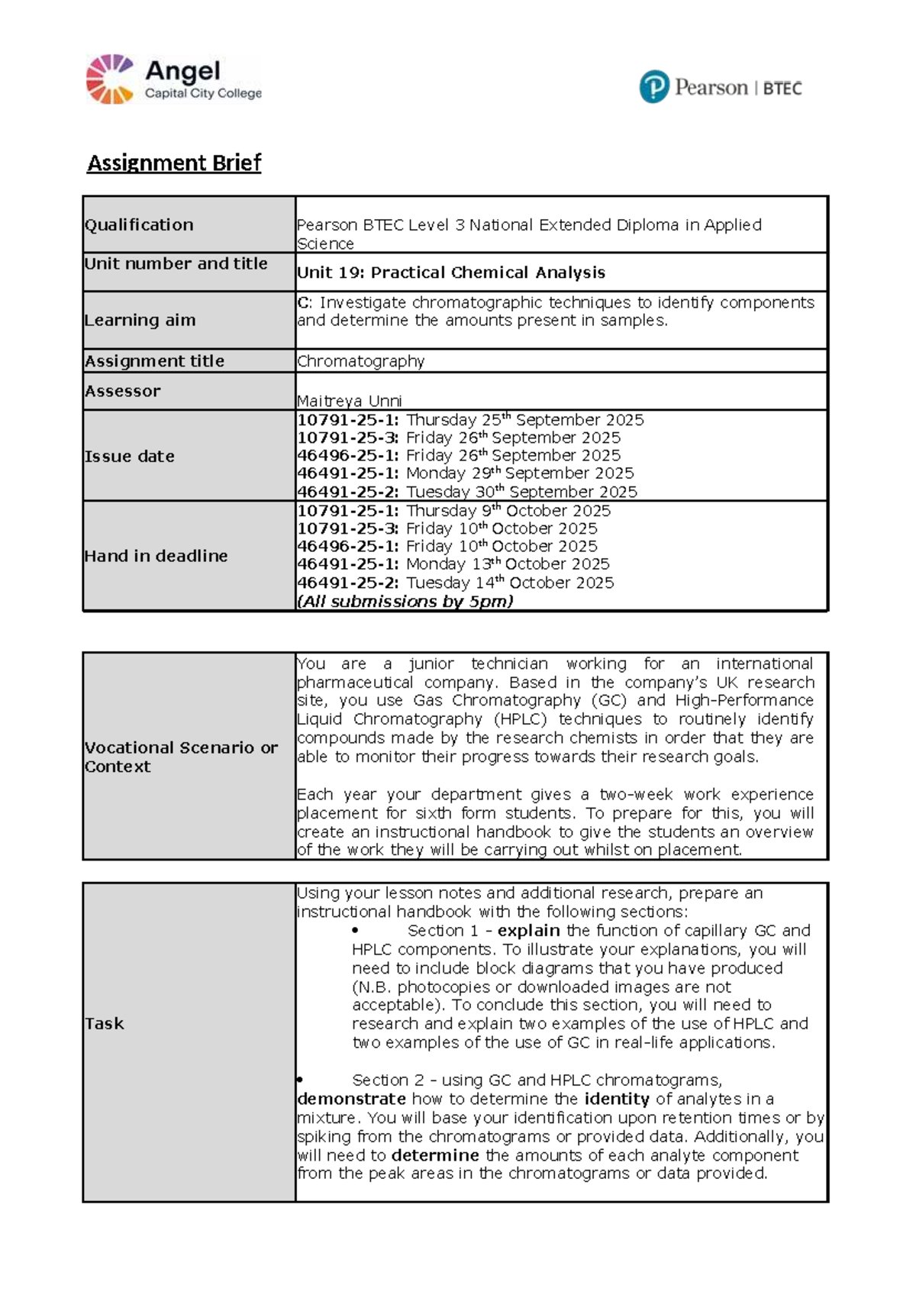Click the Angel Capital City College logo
(x=174, y=79)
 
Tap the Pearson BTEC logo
(x=721, y=87)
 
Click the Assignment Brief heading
(x=174, y=163)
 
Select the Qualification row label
(x=139, y=224)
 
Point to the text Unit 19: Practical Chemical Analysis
(x=451, y=273)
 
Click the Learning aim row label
(x=140, y=320)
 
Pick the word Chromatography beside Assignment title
(x=360, y=361)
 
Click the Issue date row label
(x=130, y=456)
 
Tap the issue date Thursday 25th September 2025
(x=524, y=420)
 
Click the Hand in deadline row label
(x=156, y=556)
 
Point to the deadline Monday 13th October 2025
(x=508, y=564)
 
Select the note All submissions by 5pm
(x=405, y=601)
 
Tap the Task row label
(x=105, y=1023)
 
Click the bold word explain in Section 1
(x=528, y=931)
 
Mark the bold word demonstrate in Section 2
(x=351, y=1099)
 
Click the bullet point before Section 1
(x=356, y=931)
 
